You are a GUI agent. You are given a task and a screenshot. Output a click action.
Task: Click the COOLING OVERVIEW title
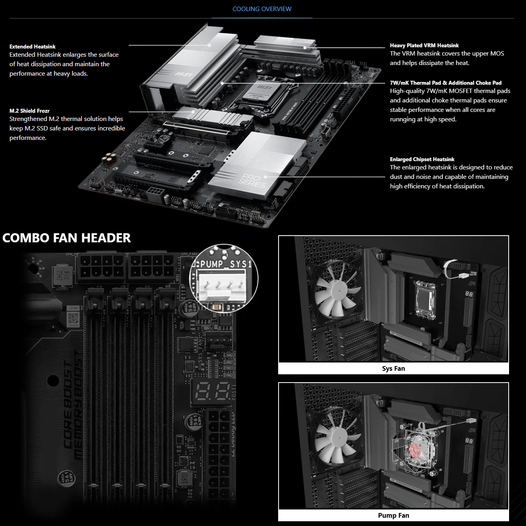[262, 9]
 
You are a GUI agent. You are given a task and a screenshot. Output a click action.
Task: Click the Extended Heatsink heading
[32, 46]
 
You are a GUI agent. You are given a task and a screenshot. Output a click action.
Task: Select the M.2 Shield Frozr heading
[30, 111]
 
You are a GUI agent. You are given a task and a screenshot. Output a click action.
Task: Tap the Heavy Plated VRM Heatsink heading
[424, 45]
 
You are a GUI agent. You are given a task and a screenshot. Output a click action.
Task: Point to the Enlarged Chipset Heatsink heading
[422, 159]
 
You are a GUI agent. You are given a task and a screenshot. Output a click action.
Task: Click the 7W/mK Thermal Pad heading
[446, 83]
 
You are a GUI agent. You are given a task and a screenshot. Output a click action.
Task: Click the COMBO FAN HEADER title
[67, 238]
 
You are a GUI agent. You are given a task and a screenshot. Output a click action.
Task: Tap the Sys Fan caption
[393, 368]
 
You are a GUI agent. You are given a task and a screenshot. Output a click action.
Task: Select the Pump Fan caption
[393, 515]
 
